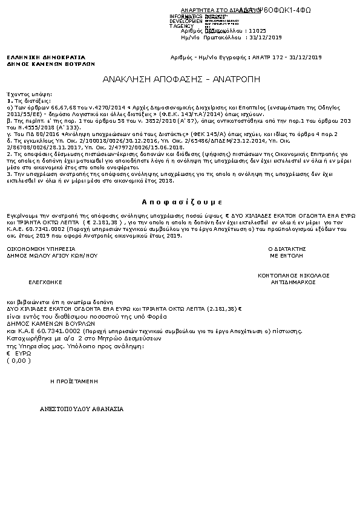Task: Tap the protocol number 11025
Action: click(x=258, y=30)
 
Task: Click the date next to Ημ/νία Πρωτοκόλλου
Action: click(x=267, y=37)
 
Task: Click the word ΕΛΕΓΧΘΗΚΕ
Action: click(x=45, y=282)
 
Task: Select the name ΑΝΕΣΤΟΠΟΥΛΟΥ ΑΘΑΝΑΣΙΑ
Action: click(x=82, y=409)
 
